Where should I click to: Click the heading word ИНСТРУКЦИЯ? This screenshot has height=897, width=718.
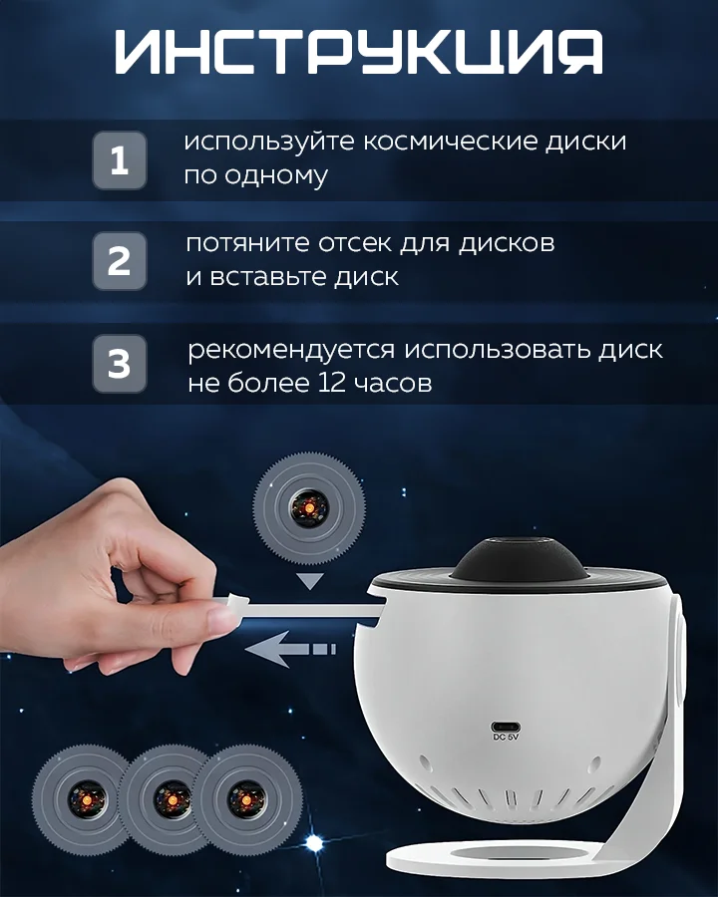pos(358,52)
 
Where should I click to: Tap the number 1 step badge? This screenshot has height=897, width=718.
pos(119,160)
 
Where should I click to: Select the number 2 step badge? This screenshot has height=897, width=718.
pos(119,261)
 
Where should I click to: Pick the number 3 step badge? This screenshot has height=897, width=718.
pos(119,363)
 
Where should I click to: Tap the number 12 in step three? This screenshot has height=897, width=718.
pos(331,383)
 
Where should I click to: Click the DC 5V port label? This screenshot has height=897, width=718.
pos(506,738)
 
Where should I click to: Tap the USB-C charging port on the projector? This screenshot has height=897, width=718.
pos(506,727)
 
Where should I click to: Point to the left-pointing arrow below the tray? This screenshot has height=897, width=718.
pos(290,649)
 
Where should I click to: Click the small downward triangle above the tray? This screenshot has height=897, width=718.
pos(310,582)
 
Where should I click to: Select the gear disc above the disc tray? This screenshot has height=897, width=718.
pos(309,505)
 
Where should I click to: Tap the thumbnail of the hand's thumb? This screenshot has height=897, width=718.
pos(218,618)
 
